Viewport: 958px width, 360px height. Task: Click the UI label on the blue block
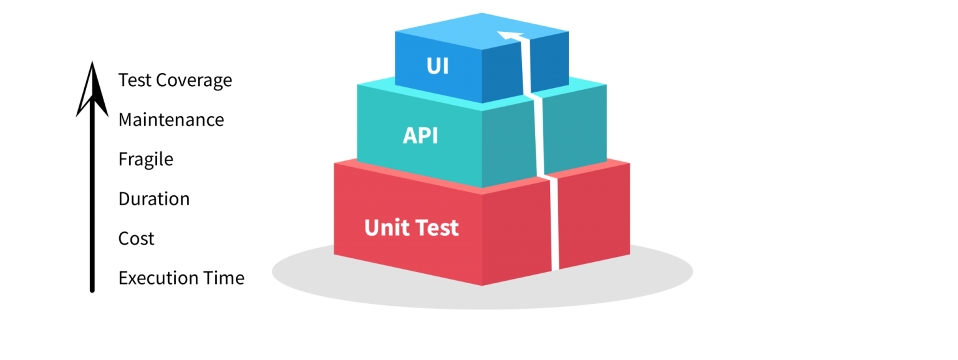point(438,66)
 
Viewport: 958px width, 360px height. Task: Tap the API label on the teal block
point(420,135)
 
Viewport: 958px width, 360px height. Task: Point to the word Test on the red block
point(437,227)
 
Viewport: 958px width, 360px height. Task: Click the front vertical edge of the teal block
point(483,150)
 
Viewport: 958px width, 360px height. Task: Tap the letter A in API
point(409,135)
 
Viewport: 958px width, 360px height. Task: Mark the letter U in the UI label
point(433,66)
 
